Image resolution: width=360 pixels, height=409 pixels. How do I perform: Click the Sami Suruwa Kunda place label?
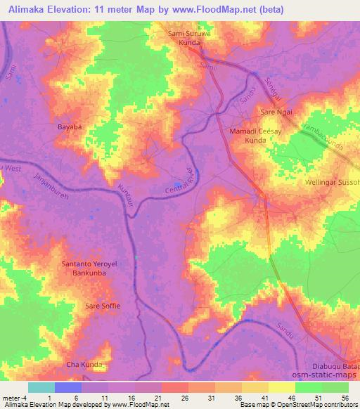(x=187, y=37)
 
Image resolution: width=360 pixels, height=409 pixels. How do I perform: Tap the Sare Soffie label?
(x=103, y=306)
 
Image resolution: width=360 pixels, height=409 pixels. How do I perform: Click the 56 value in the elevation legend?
(x=344, y=398)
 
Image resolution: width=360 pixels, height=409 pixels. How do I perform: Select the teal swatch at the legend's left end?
(x=41, y=387)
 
